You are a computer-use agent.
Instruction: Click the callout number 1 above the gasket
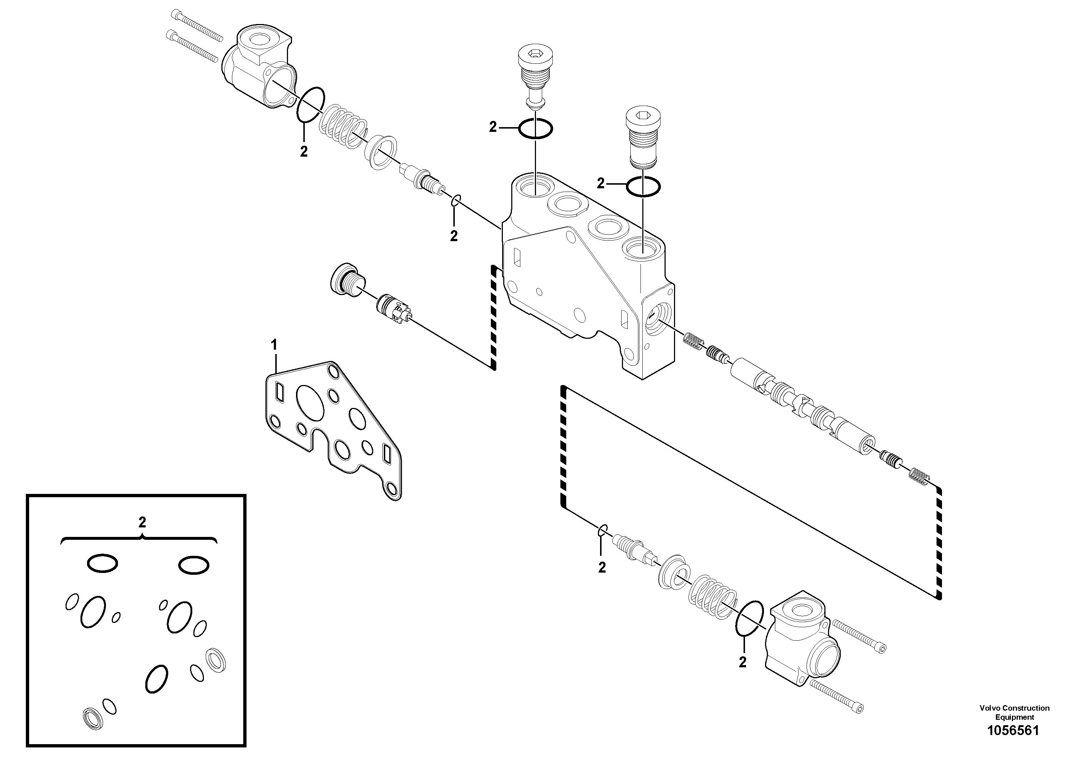click(274, 344)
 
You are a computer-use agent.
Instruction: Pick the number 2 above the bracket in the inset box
click(142, 522)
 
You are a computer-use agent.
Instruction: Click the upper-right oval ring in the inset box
click(194, 565)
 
